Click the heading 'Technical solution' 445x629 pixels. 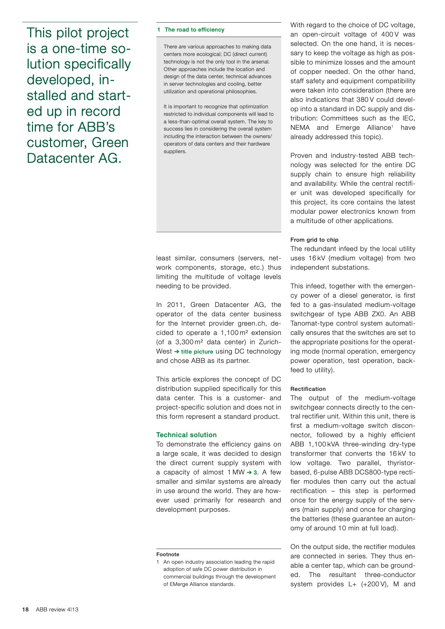click(x=186, y=435)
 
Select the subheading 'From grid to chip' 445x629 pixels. click(x=314, y=240)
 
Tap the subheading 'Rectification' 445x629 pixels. click(x=308, y=389)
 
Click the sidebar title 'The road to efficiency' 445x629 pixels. click(x=194, y=30)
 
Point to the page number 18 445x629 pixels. click(x=25, y=609)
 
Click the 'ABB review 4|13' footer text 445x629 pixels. click(x=57, y=609)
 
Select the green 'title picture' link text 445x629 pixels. click(x=197, y=352)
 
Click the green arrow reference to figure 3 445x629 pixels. click(x=253, y=472)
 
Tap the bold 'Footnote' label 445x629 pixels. click(x=168, y=554)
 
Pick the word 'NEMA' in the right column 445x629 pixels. click(x=300, y=128)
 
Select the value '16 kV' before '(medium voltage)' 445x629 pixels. click(x=317, y=258)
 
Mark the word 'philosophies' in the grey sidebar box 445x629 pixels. click(x=242, y=91)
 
